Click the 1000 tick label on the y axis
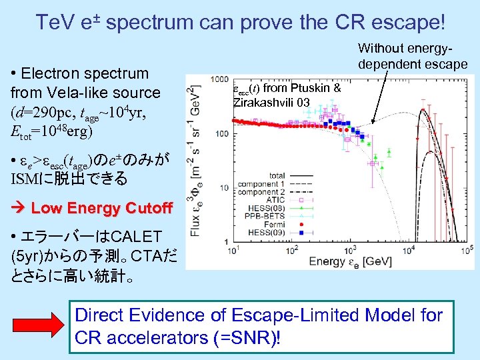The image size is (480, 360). point(219,79)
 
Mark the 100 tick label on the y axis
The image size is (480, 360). point(221,134)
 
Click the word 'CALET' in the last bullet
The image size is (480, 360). point(136,237)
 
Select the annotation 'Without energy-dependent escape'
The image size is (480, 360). point(412,56)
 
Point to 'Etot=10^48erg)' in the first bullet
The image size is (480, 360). point(49,130)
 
